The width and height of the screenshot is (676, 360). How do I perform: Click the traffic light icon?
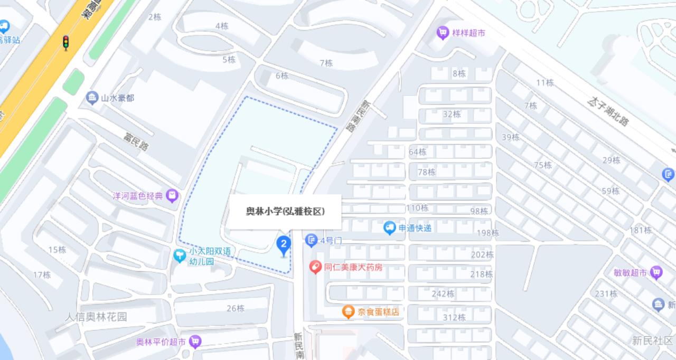(x=66, y=43)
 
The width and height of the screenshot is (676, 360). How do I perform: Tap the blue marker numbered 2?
(x=284, y=244)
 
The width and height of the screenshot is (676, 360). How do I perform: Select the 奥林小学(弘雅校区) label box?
(x=285, y=212)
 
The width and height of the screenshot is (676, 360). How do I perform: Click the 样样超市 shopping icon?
(x=442, y=33)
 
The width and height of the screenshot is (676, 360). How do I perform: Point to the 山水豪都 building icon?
(x=92, y=98)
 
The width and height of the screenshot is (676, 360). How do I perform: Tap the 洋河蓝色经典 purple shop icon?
(x=172, y=196)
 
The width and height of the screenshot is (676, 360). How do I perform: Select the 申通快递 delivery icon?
(x=390, y=228)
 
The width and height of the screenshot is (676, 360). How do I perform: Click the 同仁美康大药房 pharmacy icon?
(x=315, y=268)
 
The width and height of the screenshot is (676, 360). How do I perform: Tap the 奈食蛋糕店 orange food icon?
(x=348, y=312)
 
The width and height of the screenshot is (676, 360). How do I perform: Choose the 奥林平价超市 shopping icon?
(x=195, y=342)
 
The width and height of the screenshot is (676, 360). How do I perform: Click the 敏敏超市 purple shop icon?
(x=656, y=273)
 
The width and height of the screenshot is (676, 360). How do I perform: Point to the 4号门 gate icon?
(x=311, y=241)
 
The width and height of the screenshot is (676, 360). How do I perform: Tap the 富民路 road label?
(x=136, y=142)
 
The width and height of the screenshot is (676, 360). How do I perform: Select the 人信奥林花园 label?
(x=97, y=317)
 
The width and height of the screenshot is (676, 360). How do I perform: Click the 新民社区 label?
(x=653, y=340)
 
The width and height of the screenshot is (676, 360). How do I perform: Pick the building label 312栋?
(x=454, y=317)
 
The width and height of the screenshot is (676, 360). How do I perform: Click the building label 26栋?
(x=236, y=308)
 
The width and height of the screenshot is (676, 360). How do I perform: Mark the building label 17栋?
(x=42, y=274)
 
